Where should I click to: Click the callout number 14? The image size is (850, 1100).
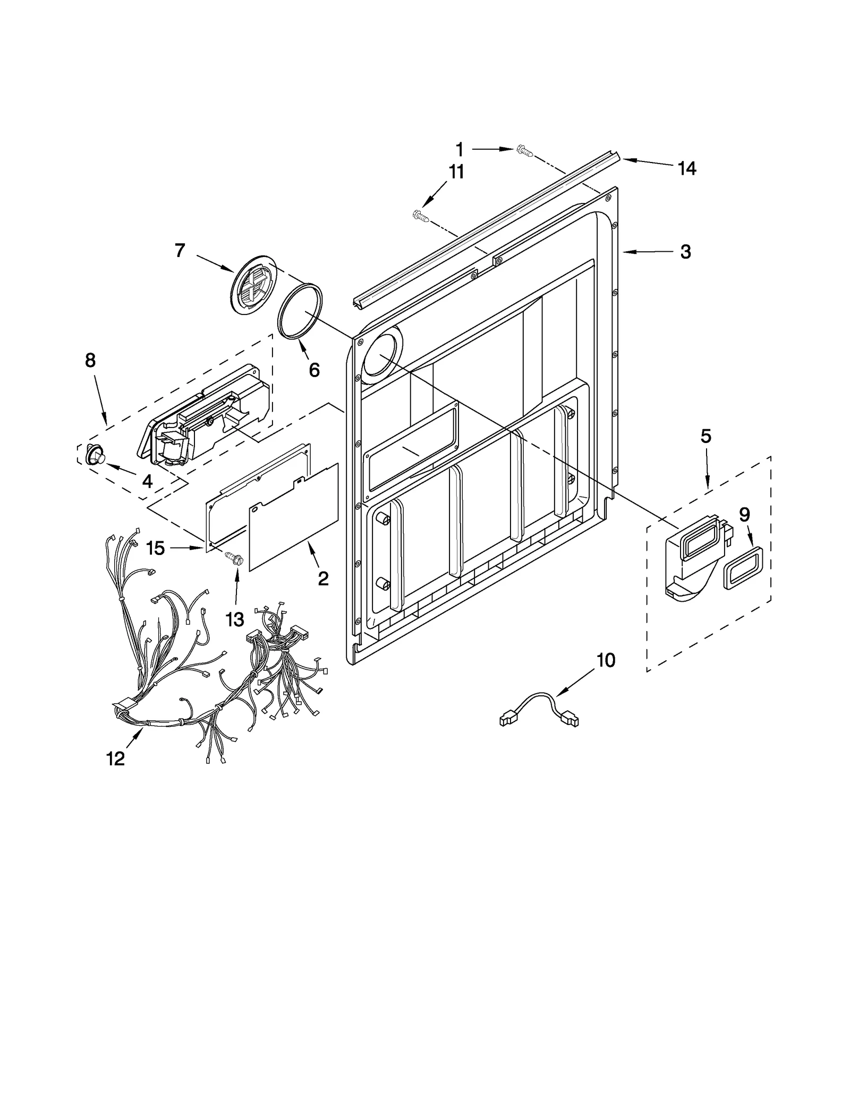click(x=686, y=168)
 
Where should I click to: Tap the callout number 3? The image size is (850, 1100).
click(x=685, y=252)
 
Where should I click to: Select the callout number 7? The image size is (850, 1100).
click(x=180, y=250)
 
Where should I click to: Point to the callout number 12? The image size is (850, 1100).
click(x=115, y=758)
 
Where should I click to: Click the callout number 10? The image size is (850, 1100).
click(x=606, y=660)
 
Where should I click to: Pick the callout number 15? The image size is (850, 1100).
click(x=156, y=548)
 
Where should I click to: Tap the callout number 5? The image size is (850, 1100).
click(x=705, y=436)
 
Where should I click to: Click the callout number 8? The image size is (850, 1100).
click(x=90, y=360)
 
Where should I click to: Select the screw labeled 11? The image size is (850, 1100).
click(x=420, y=215)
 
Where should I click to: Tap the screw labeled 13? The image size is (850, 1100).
click(x=234, y=558)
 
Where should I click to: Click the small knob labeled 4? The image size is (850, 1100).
click(x=96, y=455)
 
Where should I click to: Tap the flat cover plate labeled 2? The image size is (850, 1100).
click(x=294, y=517)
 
